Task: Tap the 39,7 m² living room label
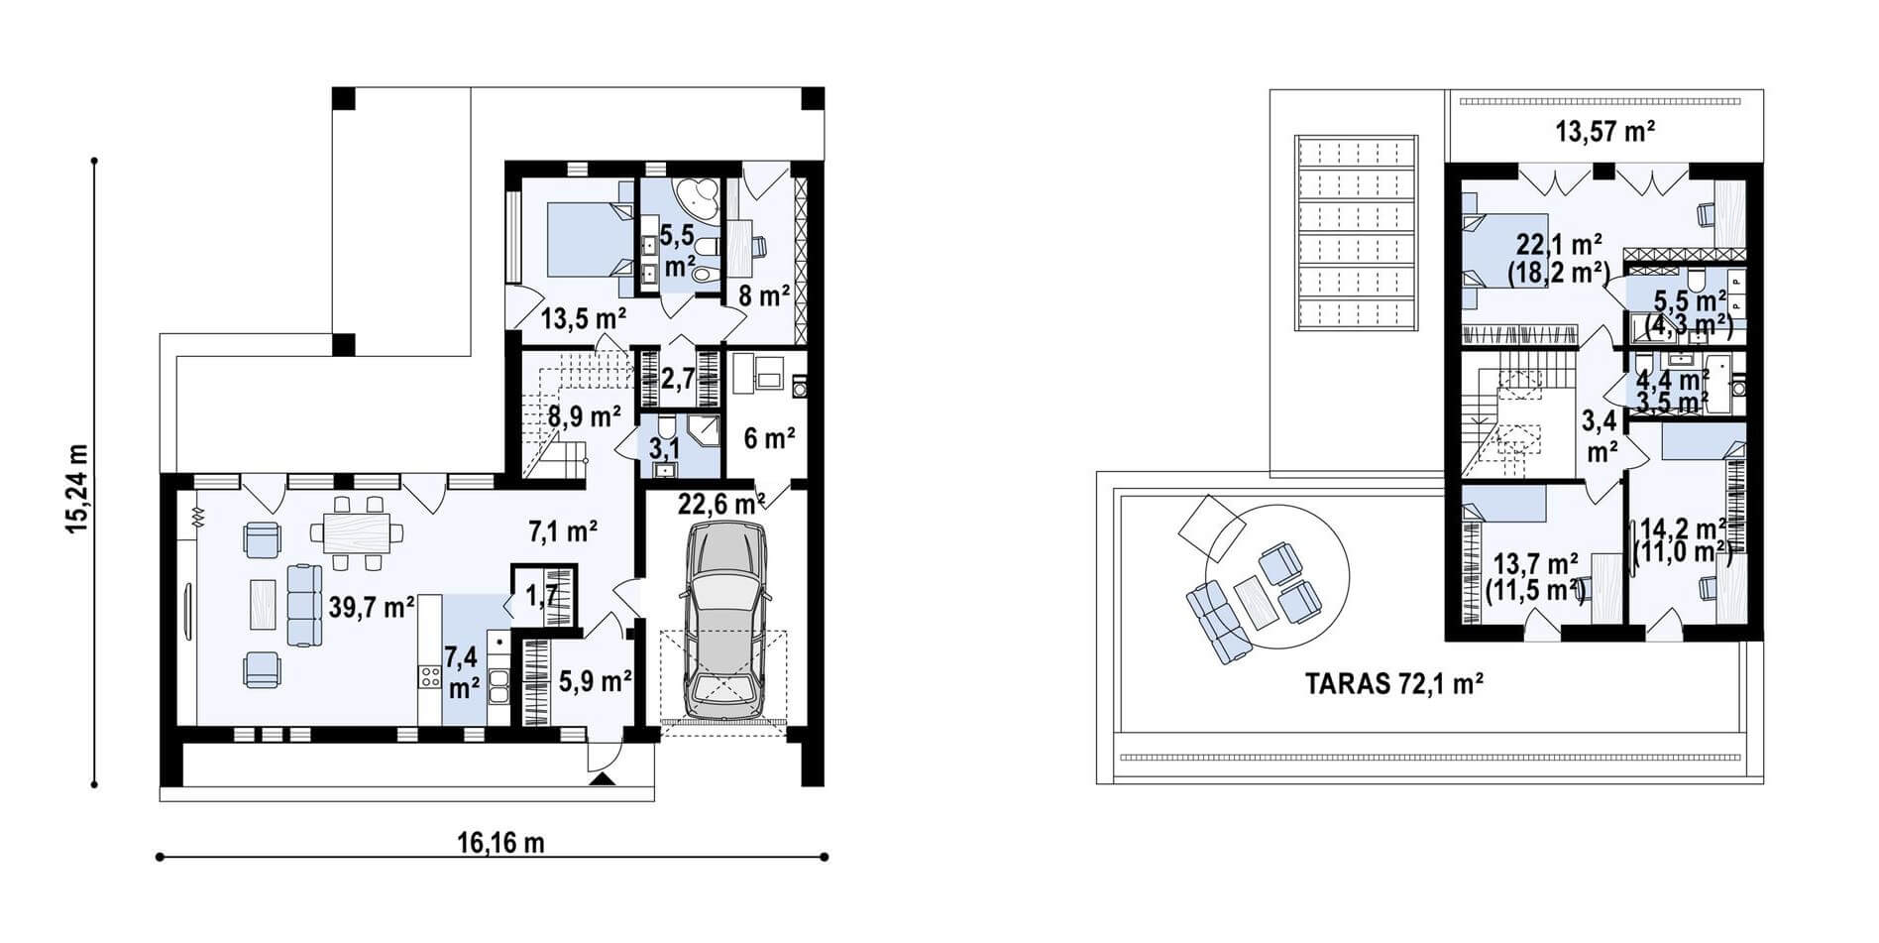[371, 607]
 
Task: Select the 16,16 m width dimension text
[500, 843]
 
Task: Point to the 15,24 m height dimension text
[76, 488]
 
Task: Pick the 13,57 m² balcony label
[1605, 130]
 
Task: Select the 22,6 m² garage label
[720, 504]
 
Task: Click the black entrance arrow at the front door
[602, 780]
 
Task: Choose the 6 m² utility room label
[770, 437]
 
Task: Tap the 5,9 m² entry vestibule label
[595, 681]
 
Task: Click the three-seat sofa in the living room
[304, 604]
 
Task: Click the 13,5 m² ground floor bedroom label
[584, 318]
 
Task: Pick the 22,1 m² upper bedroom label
[1559, 258]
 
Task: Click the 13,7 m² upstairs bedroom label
[1535, 577]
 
